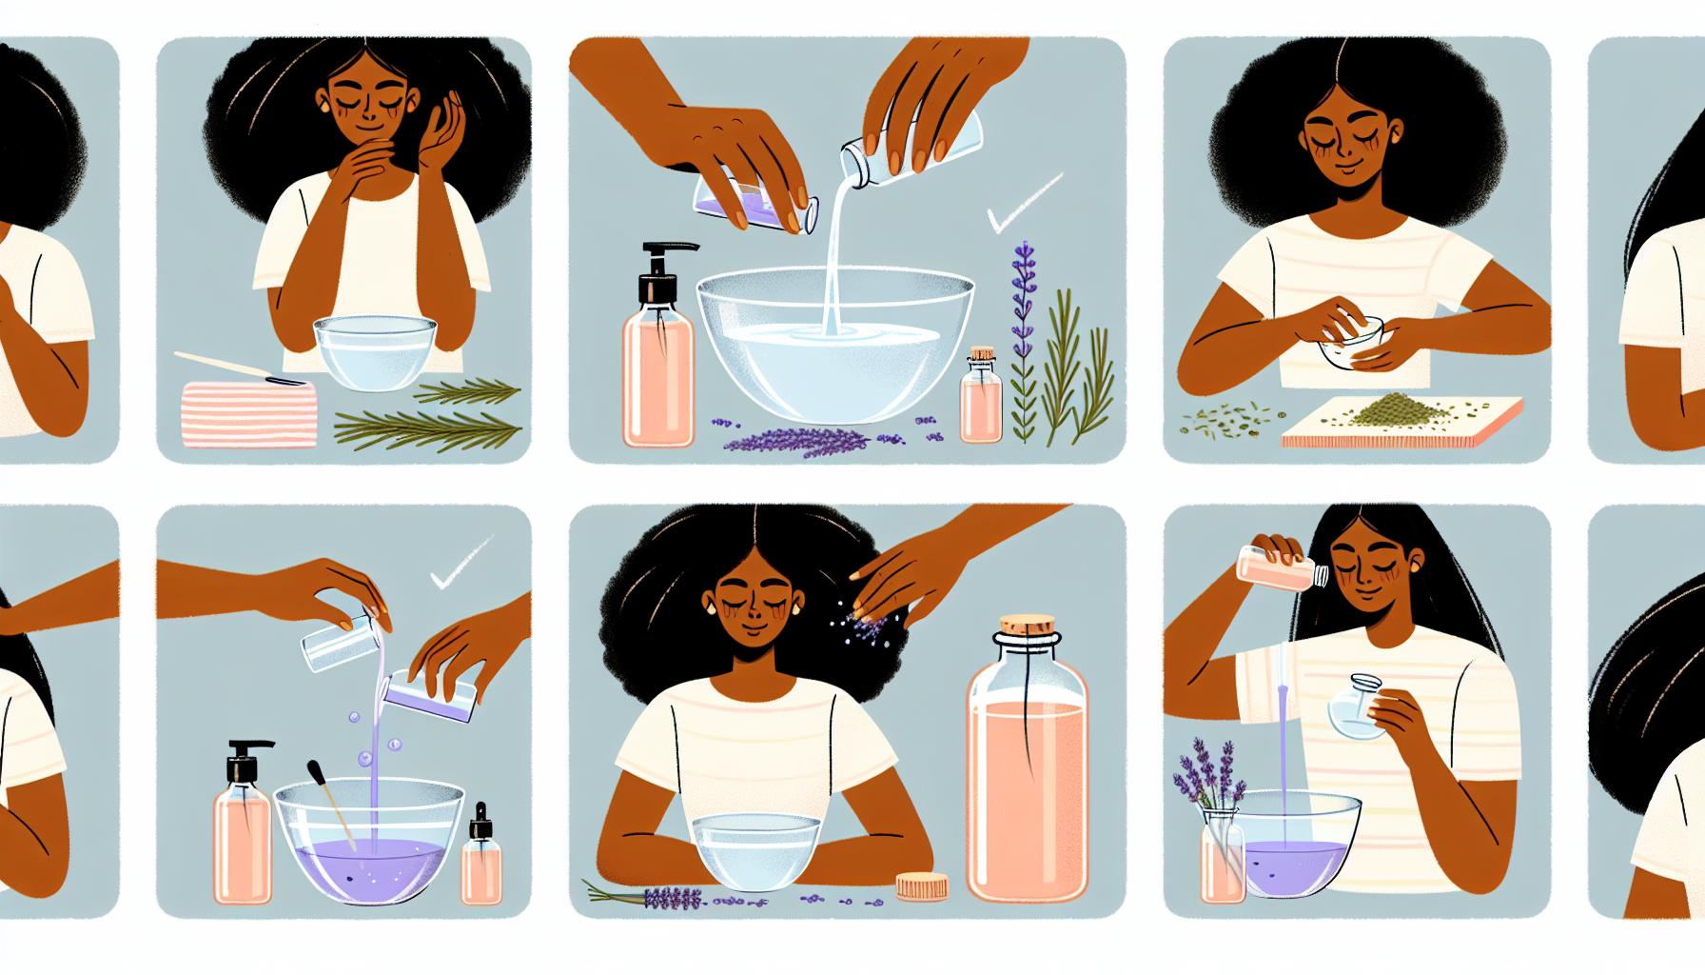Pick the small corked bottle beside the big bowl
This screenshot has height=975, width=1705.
[981, 400]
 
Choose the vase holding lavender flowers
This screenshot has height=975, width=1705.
[1223, 853]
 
